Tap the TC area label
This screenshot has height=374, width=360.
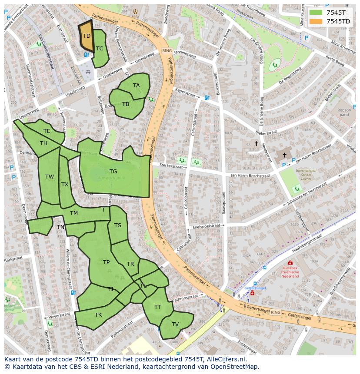100,49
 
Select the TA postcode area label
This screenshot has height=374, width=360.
137,86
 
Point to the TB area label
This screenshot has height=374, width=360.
126,104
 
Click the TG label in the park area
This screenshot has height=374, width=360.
113,172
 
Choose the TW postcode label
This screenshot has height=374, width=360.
50,177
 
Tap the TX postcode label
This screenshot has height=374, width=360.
65,185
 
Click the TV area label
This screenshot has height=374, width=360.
175,324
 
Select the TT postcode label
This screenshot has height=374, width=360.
157,307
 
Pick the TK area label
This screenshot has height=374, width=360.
98,315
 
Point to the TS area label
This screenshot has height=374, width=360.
118,225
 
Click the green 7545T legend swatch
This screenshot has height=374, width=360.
316,13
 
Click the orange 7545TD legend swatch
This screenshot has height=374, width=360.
316,21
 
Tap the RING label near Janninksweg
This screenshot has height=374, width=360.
167,51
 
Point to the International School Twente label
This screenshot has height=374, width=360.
306,175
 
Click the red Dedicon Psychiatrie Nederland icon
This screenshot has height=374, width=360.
290,263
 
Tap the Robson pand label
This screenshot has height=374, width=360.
344,113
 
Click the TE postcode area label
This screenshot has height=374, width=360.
47,131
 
